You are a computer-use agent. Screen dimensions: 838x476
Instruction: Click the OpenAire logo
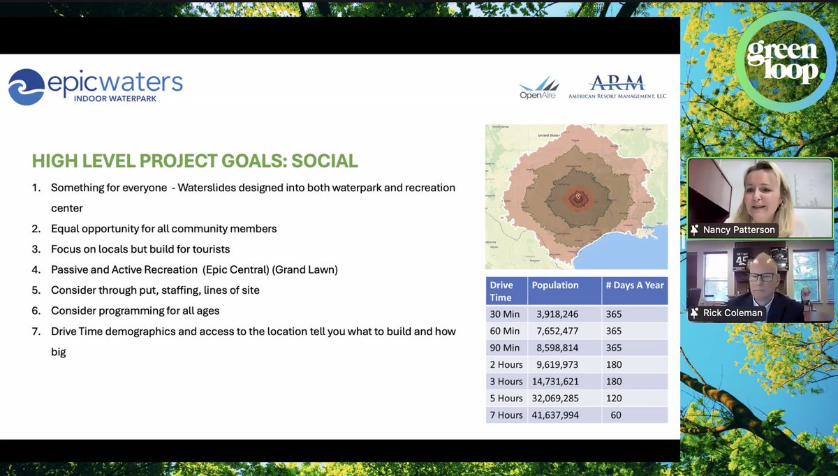538,88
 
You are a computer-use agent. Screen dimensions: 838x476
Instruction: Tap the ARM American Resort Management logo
617,87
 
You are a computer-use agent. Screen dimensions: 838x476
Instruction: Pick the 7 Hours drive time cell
506,415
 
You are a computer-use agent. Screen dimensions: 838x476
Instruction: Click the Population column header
555,285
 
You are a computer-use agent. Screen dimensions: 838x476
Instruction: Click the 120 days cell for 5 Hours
615,398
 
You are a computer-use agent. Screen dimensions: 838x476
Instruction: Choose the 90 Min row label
505,348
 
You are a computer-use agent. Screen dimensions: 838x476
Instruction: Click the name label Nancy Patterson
738,230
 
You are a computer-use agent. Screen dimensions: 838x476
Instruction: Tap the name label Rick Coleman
733,313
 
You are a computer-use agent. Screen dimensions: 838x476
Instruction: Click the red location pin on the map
577,198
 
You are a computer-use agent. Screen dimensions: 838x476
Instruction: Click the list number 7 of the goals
36,331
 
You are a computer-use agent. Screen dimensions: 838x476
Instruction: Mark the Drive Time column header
501,291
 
